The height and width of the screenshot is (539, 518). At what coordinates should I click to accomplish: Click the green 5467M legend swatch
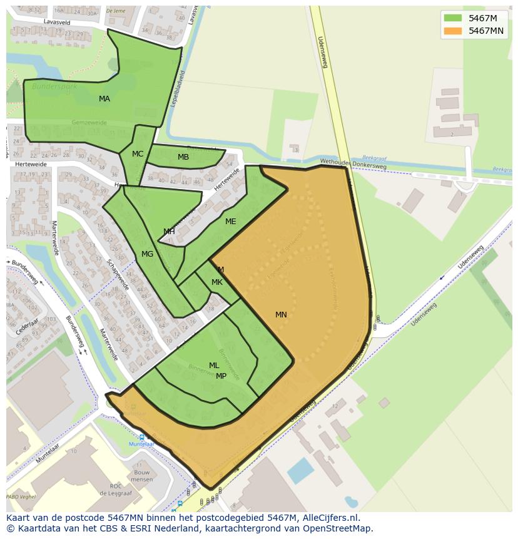point(452,18)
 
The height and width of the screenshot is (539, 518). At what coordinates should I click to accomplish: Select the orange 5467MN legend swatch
point(452,31)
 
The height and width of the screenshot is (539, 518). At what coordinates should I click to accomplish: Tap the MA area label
point(104,99)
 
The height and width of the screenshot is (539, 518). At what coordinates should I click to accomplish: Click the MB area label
point(183,157)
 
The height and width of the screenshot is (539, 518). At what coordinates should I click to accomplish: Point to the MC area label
point(138,154)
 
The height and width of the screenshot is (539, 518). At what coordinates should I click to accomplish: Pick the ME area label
point(230,222)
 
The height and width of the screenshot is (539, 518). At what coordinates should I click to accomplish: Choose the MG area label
point(147,254)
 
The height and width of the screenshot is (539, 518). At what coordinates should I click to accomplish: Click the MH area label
point(169,232)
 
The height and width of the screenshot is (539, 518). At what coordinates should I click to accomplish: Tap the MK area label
point(216,282)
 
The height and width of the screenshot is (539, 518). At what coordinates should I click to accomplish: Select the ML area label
point(214,366)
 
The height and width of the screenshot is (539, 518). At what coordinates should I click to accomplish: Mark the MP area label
point(221,376)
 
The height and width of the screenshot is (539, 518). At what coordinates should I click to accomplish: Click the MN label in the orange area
point(281,315)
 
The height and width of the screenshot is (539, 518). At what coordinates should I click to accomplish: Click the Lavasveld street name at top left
point(57,22)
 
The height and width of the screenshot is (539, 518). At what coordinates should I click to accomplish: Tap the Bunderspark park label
point(54,86)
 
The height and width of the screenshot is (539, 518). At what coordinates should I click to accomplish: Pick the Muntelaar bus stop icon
point(141,437)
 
